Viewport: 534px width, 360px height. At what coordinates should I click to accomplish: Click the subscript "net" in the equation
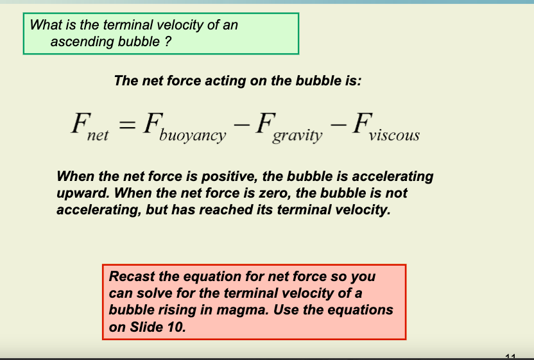pos(98,135)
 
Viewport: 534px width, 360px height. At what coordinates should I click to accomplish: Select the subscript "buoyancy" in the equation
pos(193,135)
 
